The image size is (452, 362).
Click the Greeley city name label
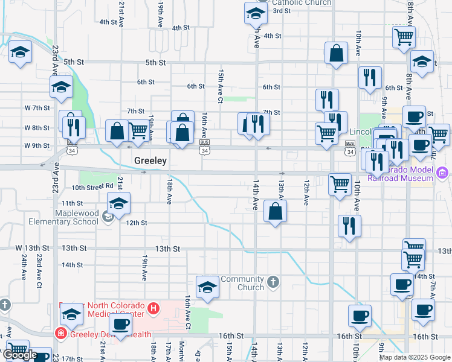pos(150,161)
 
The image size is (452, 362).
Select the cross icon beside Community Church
pos(273,282)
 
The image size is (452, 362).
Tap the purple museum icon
pos(442,173)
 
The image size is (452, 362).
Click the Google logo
pos(20,355)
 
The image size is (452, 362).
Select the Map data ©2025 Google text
pos(415,357)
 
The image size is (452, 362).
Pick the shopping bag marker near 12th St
pos(275,211)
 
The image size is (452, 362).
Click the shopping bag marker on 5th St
pos(336,53)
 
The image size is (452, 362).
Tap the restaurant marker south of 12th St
pos(349,226)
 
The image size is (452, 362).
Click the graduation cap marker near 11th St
pos(119,203)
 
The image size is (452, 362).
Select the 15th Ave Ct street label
pos(221,86)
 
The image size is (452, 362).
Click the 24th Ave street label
pos(24,266)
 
